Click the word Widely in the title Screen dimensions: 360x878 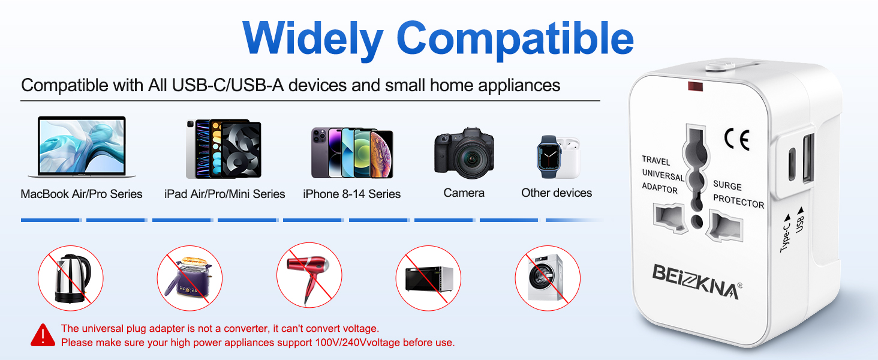[x=312, y=38]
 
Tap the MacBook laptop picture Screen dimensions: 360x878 [x=82, y=147]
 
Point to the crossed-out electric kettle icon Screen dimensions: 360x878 [x=71, y=278]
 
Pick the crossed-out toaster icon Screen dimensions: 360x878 [x=190, y=278]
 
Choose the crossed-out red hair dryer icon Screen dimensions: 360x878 [x=309, y=278]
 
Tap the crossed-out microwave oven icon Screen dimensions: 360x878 [x=428, y=278]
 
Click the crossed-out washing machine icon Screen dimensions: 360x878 [x=547, y=278]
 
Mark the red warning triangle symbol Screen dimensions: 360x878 [x=43, y=335]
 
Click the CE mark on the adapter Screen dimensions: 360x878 [x=736, y=139]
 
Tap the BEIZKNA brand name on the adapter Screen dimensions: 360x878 [x=696, y=281]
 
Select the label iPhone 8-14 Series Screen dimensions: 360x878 [x=351, y=194]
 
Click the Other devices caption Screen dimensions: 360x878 [x=556, y=193]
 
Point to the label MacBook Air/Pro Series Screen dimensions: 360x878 [x=82, y=194]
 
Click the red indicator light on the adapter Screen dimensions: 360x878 [x=694, y=86]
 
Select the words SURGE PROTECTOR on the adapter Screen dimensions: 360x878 [x=738, y=194]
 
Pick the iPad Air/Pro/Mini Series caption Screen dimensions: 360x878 [x=224, y=194]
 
